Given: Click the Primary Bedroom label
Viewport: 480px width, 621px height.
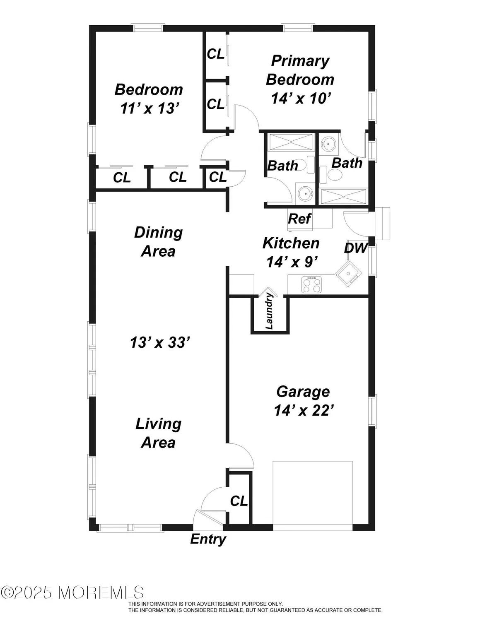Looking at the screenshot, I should click(x=300, y=70).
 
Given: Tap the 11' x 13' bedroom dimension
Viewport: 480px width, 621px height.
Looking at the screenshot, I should click(x=150, y=108).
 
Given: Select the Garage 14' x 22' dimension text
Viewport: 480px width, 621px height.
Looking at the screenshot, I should click(x=304, y=410).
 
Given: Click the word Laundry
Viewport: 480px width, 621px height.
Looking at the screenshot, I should click(x=269, y=310).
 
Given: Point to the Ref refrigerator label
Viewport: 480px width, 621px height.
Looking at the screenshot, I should click(x=299, y=219).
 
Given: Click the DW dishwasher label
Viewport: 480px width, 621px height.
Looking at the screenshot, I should click(x=356, y=248).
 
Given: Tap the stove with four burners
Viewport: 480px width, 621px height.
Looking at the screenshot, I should click(x=312, y=285).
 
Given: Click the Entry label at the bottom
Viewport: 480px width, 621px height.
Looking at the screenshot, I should click(x=208, y=539).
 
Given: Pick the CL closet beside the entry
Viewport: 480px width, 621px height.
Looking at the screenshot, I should click(x=239, y=501).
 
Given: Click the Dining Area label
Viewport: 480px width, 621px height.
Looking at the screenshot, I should click(x=158, y=242).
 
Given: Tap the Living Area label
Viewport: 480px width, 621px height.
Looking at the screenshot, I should click(x=158, y=433).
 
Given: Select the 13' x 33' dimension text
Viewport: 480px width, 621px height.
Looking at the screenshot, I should click(x=160, y=342).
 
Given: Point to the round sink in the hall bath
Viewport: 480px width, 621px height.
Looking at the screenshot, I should click(x=306, y=193).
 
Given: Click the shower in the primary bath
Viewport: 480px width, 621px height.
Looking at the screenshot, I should click(x=344, y=197).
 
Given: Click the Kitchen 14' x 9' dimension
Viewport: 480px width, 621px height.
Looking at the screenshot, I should click(x=292, y=262).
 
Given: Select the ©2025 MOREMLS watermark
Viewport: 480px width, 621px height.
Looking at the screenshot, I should click(x=72, y=592).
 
